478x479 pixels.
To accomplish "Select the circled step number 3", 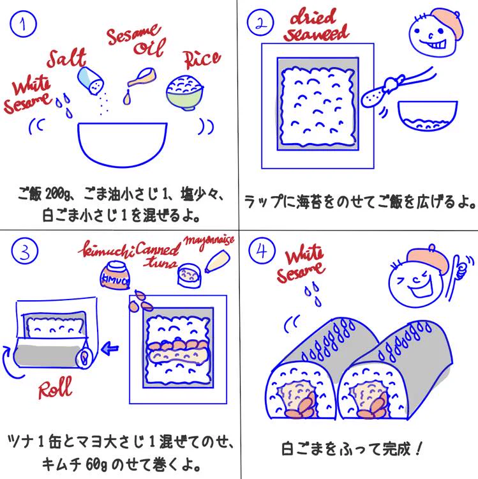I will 23,254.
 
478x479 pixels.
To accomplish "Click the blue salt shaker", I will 90,80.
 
